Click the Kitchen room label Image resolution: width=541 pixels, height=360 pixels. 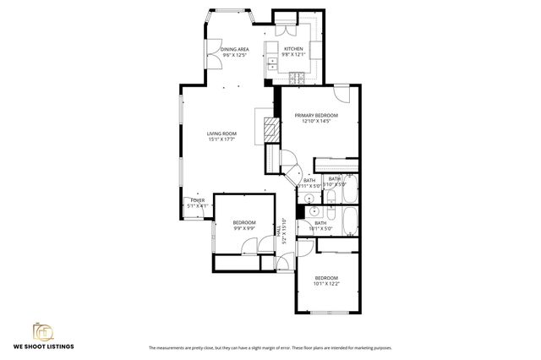pos(293,49)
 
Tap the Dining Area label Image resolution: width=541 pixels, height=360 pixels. pos(234,50)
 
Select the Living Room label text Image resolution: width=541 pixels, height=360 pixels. pos(222,134)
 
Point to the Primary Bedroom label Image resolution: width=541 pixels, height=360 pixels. pos(316,115)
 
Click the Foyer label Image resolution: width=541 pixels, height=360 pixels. pos(197,199)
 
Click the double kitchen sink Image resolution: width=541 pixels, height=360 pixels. pos(272,60)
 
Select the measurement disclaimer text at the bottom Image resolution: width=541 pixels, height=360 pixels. pos(270,348)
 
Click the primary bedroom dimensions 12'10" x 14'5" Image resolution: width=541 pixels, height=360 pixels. pos(316,121)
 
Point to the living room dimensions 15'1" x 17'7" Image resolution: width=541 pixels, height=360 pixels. pos(222,139)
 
